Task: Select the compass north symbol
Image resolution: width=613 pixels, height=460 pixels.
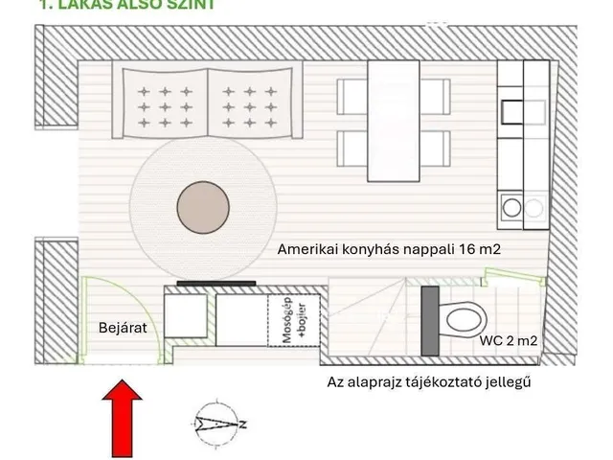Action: (216, 423)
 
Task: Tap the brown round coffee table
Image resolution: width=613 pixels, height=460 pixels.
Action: (203, 204)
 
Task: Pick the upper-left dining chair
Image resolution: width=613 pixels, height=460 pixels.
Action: (350, 96)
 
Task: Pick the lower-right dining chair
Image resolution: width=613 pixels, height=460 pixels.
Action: (436, 147)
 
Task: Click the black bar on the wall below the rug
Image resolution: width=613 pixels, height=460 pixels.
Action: (216, 284)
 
